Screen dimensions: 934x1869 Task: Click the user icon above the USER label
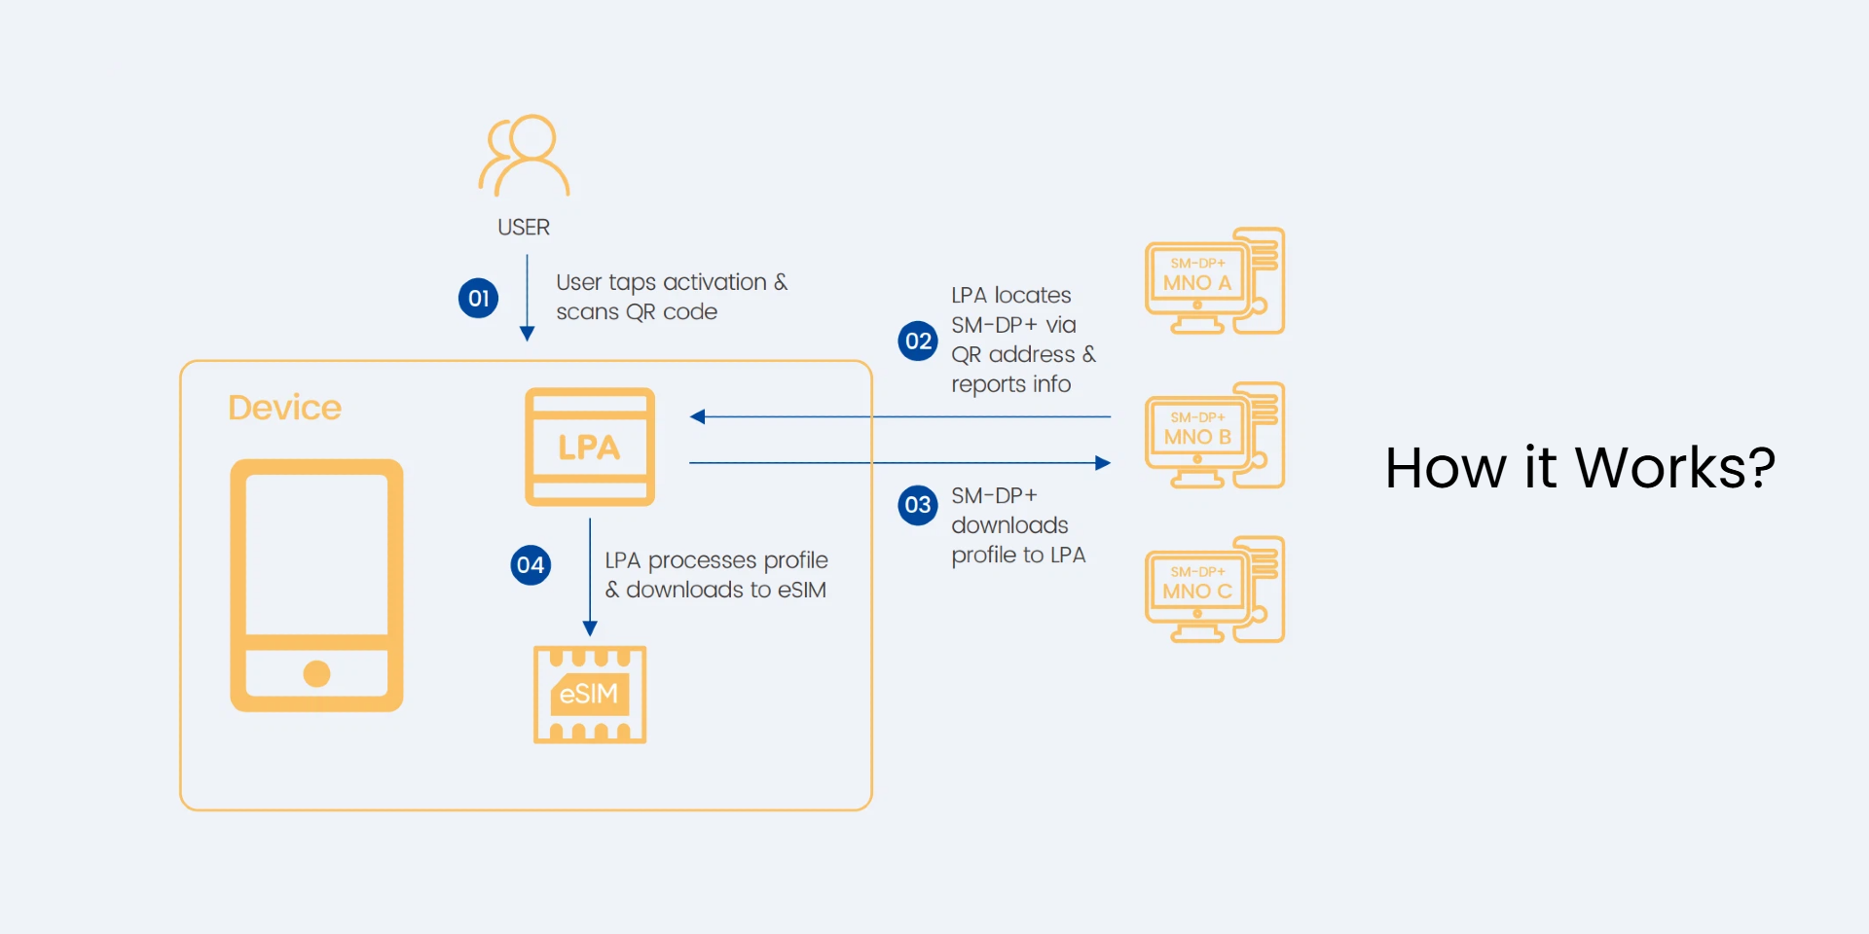point(524,156)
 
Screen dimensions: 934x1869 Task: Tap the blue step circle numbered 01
point(478,298)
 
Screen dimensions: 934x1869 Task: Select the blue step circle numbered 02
point(918,341)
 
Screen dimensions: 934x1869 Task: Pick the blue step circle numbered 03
point(918,505)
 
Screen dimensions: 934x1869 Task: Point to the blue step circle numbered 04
point(531,564)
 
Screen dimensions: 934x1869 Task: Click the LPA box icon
point(590,447)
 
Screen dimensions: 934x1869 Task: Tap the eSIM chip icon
point(590,694)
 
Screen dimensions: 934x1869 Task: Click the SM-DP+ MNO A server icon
point(1215,281)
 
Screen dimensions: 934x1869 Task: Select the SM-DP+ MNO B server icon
point(1215,435)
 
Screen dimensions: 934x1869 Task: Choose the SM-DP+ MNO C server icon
point(1215,590)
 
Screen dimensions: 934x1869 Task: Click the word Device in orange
point(284,408)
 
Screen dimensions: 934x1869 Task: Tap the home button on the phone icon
point(316,673)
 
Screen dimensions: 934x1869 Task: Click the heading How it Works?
point(1579,468)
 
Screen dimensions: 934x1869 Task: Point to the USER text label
point(524,227)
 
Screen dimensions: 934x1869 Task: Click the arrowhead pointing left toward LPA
point(697,416)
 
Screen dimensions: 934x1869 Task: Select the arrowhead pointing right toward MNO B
point(1103,463)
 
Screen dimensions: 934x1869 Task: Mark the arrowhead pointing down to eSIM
point(590,629)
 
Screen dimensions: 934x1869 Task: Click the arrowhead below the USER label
point(528,334)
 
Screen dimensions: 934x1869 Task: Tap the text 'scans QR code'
point(637,312)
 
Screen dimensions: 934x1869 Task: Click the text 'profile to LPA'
point(1018,555)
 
